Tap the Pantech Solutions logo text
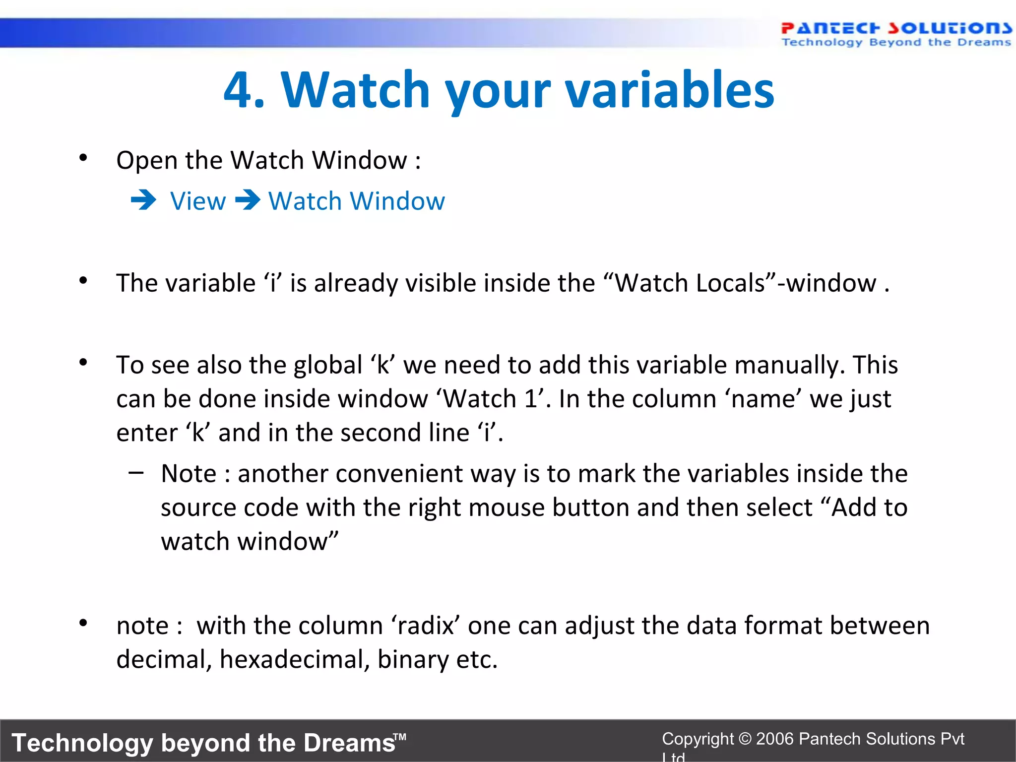point(896,28)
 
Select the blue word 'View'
point(198,201)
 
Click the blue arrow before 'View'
point(143,201)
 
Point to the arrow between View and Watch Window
point(248,201)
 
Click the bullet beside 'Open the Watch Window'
point(83,158)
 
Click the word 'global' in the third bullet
point(328,365)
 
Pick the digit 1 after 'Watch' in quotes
point(530,399)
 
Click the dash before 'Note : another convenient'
point(135,473)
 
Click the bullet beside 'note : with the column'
point(83,623)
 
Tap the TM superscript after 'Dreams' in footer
point(400,737)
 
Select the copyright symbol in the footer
point(745,739)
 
